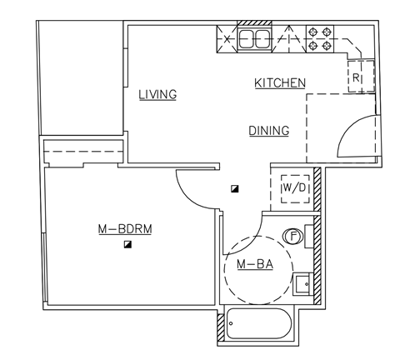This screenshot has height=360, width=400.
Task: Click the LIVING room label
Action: pyautogui.click(x=158, y=94)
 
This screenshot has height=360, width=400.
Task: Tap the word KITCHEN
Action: pyautogui.click(x=280, y=83)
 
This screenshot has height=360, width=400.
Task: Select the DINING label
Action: pyautogui.click(x=268, y=131)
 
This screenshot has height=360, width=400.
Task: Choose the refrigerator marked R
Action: pyautogui.click(x=357, y=77)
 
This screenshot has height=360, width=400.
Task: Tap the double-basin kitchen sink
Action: pyautogui.click(x=254, y=38)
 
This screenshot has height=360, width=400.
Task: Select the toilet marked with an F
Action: pyautogui.click(x=294, y=236)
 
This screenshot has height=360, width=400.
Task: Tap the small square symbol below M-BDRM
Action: pyautogui.click(x=127, y=244)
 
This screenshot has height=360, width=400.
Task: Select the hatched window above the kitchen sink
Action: pyautogui.click(x=249, y=23)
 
